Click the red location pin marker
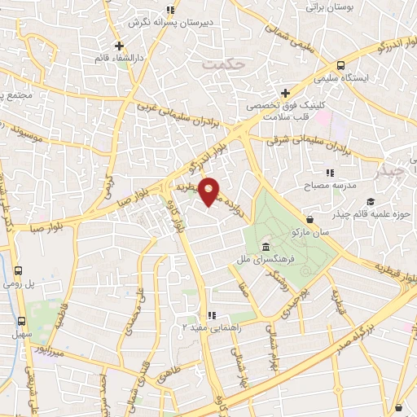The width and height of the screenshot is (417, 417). pos(209,191)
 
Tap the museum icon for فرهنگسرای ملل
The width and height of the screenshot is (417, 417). pos(266,247)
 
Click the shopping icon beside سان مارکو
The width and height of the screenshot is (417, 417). pos(310,219)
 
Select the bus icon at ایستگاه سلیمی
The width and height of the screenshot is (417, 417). pos(340,66)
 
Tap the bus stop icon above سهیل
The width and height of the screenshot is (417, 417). pos(23,321)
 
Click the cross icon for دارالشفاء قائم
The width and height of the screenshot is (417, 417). pos(119,46)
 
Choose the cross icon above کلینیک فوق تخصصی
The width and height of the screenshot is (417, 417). pos(284,93)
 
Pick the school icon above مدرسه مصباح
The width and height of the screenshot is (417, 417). pos(330,173)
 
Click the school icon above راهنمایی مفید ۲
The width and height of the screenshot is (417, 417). pos(211,315)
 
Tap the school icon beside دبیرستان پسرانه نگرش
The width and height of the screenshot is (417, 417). pos(169,11)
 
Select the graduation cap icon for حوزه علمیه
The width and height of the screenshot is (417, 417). pos(371,202)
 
